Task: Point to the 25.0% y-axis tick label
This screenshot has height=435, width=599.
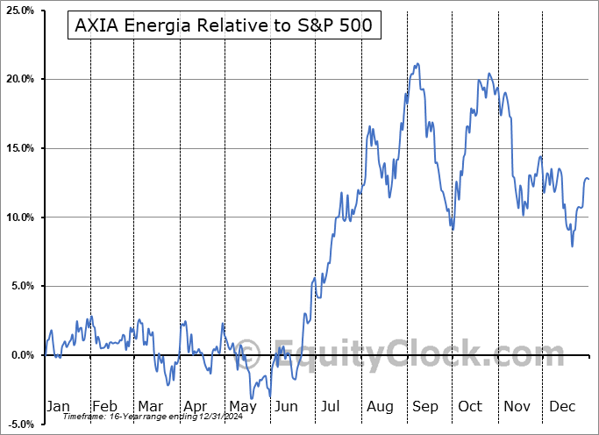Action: coord(19,11)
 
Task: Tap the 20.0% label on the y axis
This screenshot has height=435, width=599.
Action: coord(19,79)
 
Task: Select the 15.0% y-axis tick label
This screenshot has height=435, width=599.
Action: coord(19,148)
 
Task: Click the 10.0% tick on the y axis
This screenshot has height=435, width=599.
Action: coord(19,217)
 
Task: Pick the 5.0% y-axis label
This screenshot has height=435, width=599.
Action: coord(22,286)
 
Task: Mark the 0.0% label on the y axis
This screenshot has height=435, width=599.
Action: coord(22,355)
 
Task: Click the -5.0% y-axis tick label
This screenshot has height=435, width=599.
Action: coord(20,424)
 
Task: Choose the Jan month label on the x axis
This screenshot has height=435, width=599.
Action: coord(57,406)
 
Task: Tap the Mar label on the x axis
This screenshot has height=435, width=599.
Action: coord(149,406)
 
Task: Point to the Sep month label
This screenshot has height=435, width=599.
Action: coord(425,406)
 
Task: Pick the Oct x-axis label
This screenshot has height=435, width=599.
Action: coord(471,406)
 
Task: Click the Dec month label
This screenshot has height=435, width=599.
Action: coord(562,406)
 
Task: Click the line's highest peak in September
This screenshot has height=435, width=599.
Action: coord(417,63)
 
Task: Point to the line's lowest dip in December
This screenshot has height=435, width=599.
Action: coord(573,246)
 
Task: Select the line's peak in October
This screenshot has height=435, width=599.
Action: coord(488,74)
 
